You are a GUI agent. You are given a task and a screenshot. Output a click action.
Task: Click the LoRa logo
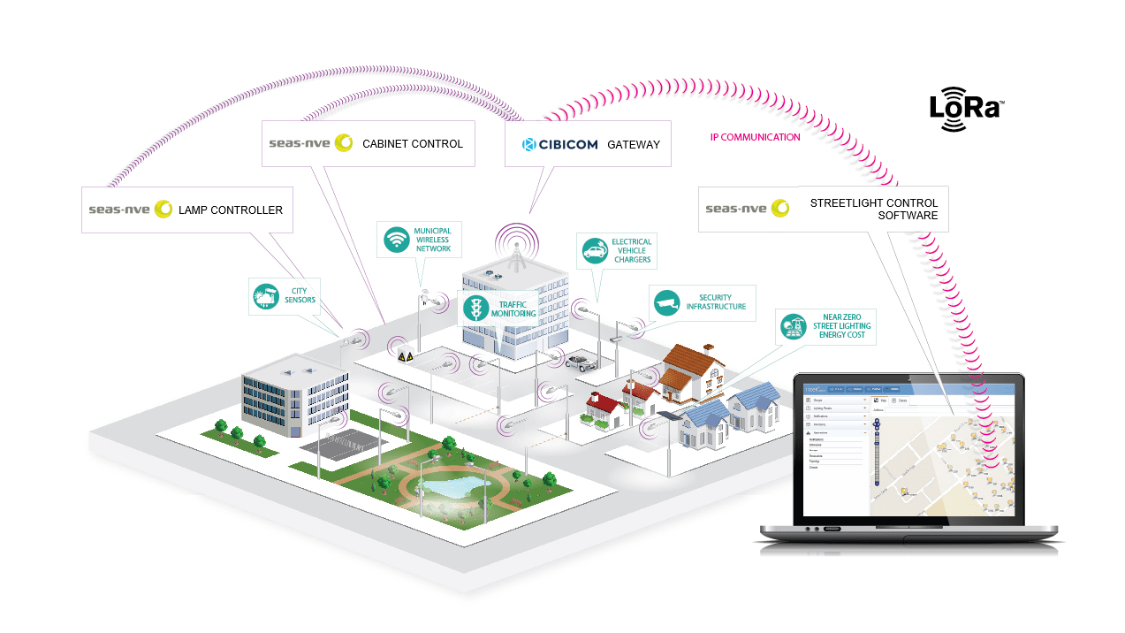(x=965, y=109)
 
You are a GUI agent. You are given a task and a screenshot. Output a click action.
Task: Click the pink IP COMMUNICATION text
(x=756, y=137)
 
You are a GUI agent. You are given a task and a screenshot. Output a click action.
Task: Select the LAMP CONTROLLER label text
(x=231, y=210)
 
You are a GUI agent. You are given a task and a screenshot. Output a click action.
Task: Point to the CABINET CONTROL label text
(x=412, y=144)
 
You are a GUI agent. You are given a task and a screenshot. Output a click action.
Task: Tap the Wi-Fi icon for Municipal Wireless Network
(x=396, y=239)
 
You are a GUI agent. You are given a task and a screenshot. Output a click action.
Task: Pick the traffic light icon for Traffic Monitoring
(x=476, y=308)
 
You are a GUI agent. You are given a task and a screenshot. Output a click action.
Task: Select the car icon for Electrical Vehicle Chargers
(x=595, y=250)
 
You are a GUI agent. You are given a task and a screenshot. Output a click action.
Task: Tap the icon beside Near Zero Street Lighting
(x=793, y=327)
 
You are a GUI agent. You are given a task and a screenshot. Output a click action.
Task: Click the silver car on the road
(x=580, y=360)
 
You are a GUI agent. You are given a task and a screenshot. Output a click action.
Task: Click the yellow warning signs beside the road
(x=406, y=356)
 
